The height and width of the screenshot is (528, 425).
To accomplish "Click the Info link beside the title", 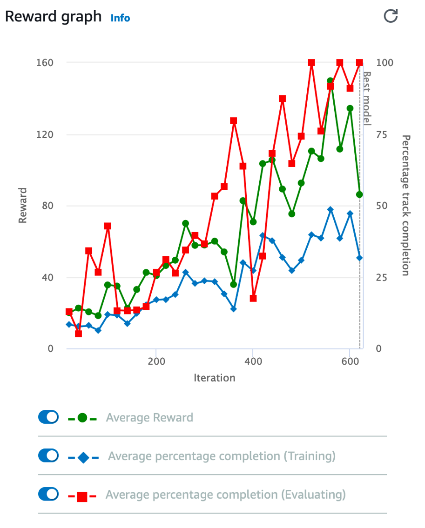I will click(x=120, y=18).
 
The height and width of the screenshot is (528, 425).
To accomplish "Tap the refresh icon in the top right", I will click(x=391, y=16).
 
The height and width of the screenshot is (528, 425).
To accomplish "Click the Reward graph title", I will click(x=53, y=17).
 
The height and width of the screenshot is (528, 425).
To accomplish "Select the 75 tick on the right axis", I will click(x=381, y=135).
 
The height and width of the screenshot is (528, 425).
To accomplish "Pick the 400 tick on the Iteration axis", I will click(x=252, y=361).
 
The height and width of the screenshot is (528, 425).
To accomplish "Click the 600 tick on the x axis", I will click(x=349, y=361).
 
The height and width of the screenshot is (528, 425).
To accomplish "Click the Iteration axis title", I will click(x=214, y=378).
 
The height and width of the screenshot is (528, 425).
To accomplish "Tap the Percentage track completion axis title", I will click(x=405, y=205).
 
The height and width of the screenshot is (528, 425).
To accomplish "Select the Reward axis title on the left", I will click(x=22, y=205).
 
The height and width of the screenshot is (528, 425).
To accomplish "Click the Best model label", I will click(x=367, y=98).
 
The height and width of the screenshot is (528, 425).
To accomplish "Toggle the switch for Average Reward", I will click(x=48, y=417).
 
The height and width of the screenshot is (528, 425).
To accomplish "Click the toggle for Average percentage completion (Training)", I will click(x=48, y=455).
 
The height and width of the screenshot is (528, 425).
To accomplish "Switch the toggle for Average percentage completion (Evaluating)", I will click(x=48, y=494).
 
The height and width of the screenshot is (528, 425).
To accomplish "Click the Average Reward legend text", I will click(x=149, y=417).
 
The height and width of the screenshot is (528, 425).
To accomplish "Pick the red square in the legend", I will click(x=82, y=496).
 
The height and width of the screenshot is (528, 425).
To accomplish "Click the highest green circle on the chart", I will click(x=331, y=81).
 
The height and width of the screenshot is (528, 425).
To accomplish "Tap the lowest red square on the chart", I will click(x=79, y=334).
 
